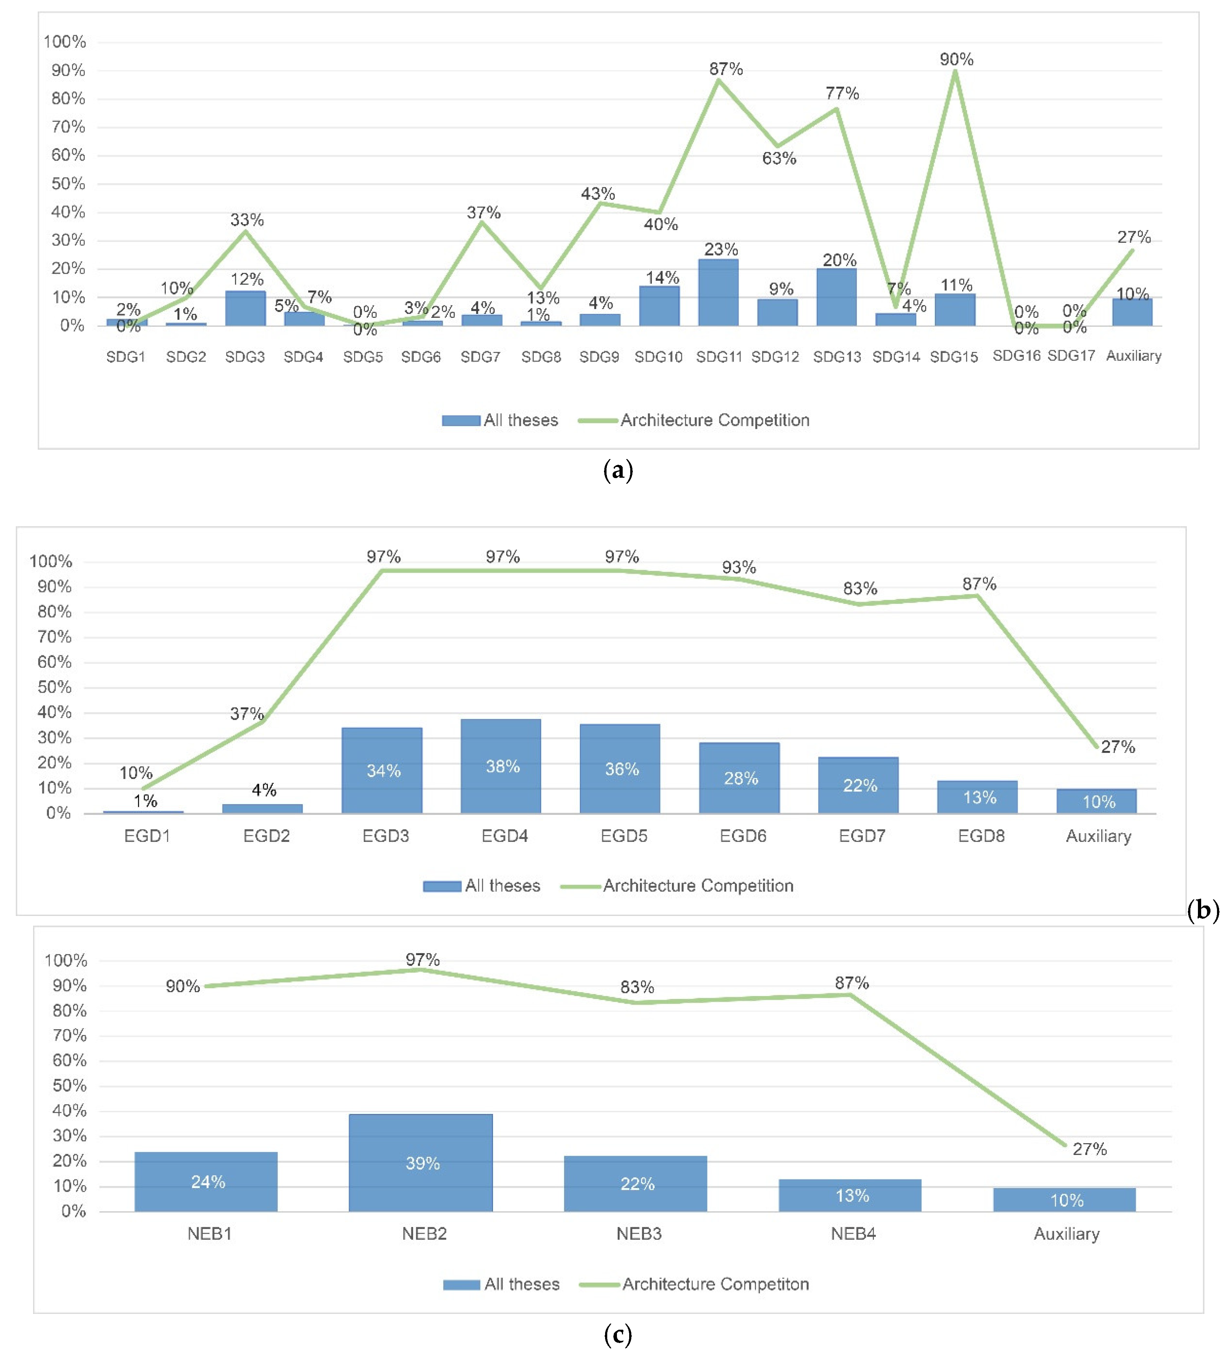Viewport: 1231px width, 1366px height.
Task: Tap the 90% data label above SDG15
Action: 956,60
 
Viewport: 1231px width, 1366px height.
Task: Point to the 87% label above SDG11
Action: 726,69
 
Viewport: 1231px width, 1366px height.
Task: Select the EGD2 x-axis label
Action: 266,836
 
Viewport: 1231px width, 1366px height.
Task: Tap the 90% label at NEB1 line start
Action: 183,987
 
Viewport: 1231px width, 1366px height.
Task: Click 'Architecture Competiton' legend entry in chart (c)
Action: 715,1284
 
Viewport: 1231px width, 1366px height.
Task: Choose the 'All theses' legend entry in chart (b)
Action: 502,886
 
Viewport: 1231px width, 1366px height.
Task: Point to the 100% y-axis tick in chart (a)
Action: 65,42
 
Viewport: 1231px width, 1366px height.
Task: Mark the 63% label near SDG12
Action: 779,158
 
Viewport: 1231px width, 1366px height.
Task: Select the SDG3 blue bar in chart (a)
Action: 245,309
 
